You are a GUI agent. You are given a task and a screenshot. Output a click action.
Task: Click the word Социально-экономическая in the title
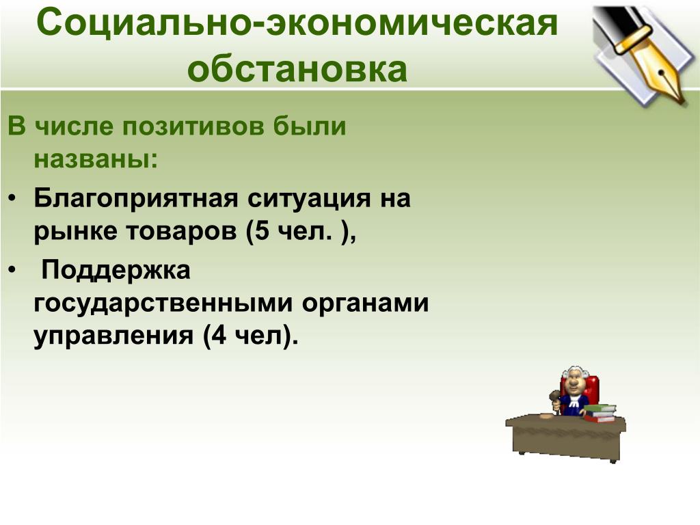point(297,24)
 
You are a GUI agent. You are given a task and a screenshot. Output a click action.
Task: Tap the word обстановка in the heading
point(297,69)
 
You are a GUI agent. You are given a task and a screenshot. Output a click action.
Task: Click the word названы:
point(96,159)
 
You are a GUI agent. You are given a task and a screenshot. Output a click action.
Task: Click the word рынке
point(75,232)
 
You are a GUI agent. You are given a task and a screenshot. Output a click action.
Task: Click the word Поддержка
point(116,270)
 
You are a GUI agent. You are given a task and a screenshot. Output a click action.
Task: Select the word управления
point(113,336)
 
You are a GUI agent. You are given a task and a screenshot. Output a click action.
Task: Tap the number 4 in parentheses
point(219,336)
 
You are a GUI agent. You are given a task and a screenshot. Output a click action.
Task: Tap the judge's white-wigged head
point(574,379)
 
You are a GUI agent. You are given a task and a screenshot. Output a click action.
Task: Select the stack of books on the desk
point(600,412)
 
